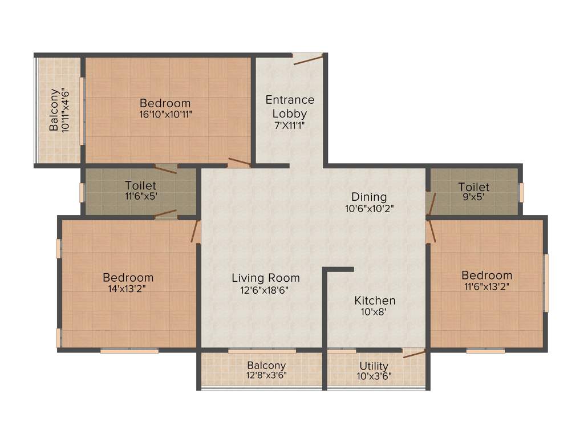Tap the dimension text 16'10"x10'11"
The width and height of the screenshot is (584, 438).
point(165,114)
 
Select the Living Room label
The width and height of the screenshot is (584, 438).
point(266,278)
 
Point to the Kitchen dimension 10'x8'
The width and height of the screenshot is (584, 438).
point(375,312)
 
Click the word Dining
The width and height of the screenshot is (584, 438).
point(368,197)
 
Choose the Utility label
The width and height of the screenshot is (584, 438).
point(374,366)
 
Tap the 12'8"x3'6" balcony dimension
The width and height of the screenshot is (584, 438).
point(266,376)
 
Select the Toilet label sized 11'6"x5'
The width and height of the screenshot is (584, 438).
point(140,186)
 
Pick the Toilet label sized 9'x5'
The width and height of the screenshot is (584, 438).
point(473,187)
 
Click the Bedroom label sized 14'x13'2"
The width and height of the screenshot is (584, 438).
point(128,278)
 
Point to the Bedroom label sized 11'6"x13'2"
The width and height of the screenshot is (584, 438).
point(486,275)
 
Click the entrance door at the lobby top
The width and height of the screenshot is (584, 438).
point(308,58)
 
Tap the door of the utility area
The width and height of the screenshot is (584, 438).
point(413,354)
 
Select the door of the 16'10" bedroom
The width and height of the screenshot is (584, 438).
point(239,162)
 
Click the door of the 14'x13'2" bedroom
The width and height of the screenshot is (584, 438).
point(196,232)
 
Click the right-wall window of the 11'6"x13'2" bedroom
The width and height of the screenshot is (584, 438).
point(546,283)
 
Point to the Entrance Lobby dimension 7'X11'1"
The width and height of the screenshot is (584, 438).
point(289,125)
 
